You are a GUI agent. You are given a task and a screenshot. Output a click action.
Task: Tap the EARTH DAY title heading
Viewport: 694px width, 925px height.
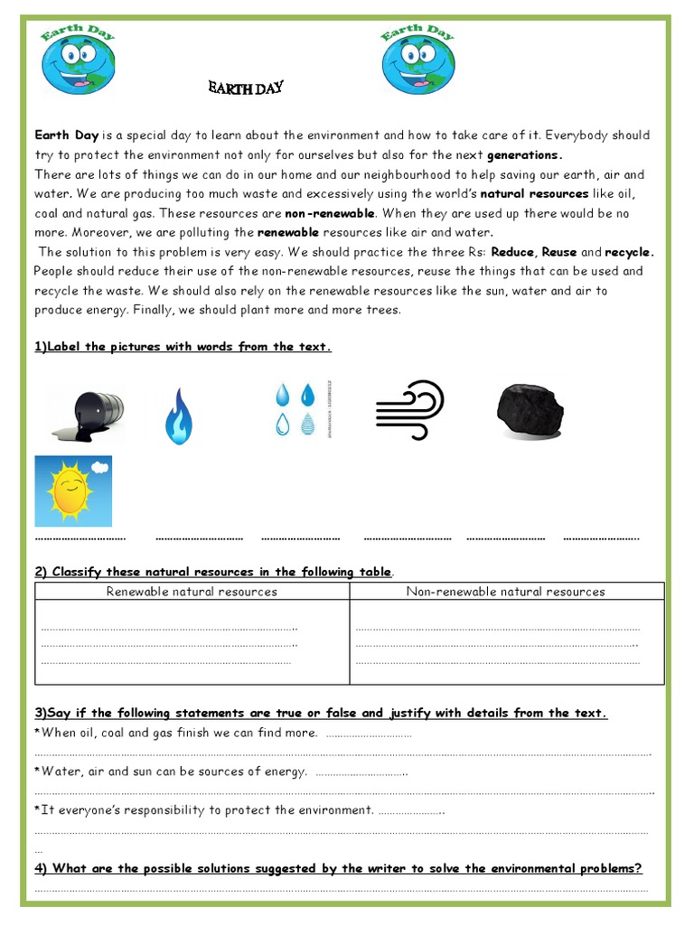coord(246,88)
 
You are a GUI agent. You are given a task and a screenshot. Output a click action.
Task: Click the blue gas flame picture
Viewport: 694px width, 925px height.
coord(178,417)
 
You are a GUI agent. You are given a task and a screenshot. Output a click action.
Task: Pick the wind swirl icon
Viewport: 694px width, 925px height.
coord(410,409)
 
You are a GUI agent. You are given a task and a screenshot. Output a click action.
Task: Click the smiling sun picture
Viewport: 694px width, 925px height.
coord(73,491)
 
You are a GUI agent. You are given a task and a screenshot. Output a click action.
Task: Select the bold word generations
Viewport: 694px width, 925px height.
coord(524,154)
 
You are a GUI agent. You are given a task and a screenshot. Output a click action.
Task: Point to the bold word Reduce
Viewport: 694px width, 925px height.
coord(512,252)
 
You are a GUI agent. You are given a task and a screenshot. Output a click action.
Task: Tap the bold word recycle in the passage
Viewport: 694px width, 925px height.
coord(628,252)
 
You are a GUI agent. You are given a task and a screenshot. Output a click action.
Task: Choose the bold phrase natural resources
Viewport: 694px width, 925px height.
coord(534,193)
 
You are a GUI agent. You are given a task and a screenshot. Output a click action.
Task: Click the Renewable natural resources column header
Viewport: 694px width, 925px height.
coord(192,592)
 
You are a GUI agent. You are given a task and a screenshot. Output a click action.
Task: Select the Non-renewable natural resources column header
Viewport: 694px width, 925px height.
coord(505,592)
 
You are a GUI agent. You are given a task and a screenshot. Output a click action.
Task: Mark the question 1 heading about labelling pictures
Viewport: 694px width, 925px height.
coord(183,347)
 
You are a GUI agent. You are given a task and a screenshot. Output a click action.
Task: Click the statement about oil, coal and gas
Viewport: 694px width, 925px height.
coord(176,733)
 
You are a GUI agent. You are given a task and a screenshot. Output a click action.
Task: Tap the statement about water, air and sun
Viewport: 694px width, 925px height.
coord(171,771)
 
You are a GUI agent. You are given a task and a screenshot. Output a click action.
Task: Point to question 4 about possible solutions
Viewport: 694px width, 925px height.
coord(338,869)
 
